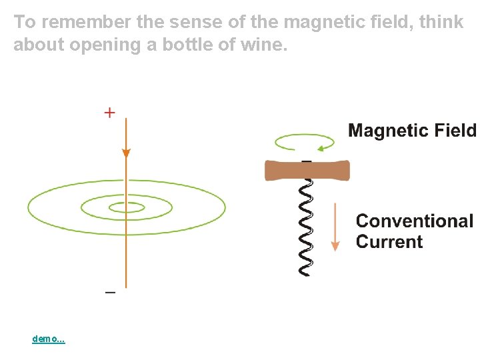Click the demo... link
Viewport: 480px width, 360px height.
pos(48,339)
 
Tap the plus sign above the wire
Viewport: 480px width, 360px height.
pos(109,113)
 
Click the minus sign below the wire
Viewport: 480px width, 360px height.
pos(110,292)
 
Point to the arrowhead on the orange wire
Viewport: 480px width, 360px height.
pos(126,153)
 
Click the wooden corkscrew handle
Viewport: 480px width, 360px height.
pos(307,171)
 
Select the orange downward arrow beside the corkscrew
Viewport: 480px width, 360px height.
pos(335,227)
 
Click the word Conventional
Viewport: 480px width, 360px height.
pos(414,221)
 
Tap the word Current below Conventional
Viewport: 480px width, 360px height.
pos(389,241)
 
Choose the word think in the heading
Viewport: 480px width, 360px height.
pos(441,23)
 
